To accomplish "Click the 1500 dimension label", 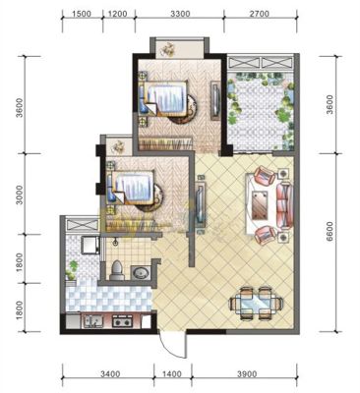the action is pos(82,14).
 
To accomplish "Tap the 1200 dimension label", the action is pos(117,14).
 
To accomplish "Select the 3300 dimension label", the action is pos(180,14).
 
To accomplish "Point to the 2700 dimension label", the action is pos(260,14).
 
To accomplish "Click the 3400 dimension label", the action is pos(110,373).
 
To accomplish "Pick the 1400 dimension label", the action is pos(171,373).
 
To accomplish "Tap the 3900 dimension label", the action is pos(247,373).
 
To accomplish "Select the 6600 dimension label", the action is pos(330,232).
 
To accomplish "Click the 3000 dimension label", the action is pos(20,195).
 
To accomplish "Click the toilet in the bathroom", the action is pos(117,270).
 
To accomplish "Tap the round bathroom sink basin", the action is pos(141,273).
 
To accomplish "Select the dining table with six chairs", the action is pos(256,303).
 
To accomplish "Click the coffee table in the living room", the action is pos(260,205).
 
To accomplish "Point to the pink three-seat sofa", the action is pos(284,205).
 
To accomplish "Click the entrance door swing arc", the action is pos(174,347).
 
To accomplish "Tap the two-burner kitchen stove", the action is pos(122,320).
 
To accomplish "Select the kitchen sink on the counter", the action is pos(93,321).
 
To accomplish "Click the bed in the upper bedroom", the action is pos(164,98).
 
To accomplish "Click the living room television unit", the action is pos(201,203).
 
